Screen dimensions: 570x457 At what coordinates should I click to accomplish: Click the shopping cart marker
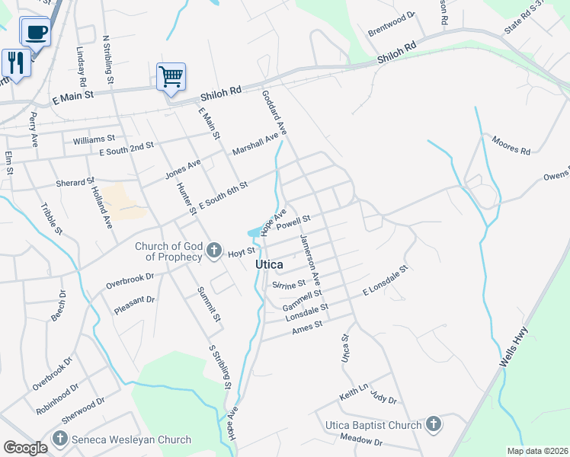coord(171,77)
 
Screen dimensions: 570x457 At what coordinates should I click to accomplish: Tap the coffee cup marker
coord(36,32)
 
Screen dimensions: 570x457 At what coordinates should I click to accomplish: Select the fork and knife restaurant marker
coord(16,62)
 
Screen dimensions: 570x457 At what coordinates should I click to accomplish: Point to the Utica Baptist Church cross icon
coord(433,425)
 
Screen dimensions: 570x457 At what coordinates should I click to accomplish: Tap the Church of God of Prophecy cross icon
coord(214,251)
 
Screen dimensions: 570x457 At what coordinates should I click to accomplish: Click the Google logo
coord(25,448)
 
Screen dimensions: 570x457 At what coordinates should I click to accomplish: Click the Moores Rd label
coord(511,145)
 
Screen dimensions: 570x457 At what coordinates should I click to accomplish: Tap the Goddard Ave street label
coord(274,113)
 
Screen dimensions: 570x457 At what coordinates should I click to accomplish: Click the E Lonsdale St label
coord(386,280)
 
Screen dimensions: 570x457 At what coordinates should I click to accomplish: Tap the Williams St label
coord(94,139)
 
